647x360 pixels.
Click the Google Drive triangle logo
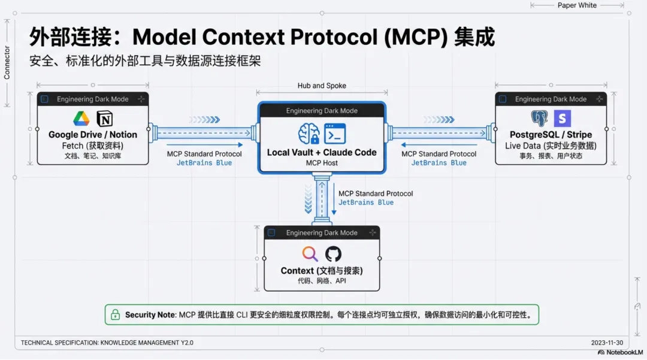pos(81,118)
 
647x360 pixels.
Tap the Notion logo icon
pos(105,118)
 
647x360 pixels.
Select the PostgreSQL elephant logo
pos(539,118)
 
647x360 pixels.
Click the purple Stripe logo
pos(563,118)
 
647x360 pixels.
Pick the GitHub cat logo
pos(333,253)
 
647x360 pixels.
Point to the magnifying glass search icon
pos(310,253)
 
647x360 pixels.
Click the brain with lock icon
pos(309,134)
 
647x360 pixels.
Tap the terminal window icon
pos(335,134)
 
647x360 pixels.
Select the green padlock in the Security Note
pos(114,314)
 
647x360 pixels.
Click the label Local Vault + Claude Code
pos(322,152)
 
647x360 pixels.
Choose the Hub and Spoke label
pos(322,86)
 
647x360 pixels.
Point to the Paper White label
pos(577,5)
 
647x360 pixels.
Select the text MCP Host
pos(322,163)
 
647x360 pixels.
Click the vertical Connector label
pos(7,63)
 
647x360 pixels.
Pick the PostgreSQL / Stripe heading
pos(551,135)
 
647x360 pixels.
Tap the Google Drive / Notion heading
pos(93,135)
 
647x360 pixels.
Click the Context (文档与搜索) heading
pos(322,271)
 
